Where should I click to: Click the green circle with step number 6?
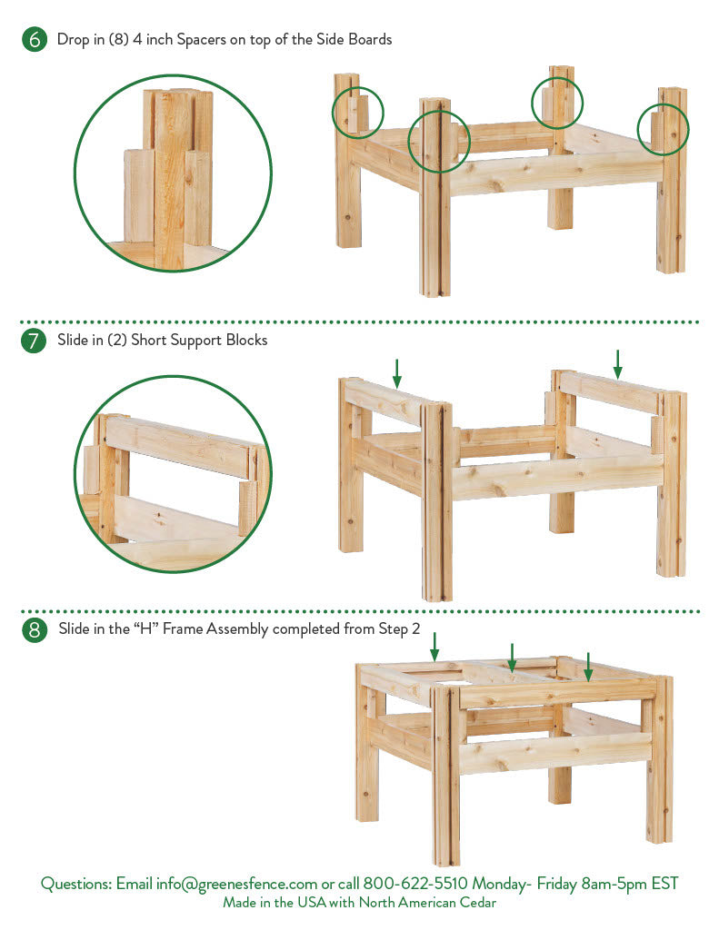click(35, 39)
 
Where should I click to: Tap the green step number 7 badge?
click(34, 341)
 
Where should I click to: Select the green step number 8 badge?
click(34, 629)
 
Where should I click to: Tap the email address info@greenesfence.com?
click(236, 884)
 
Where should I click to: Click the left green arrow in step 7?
click(397, 373)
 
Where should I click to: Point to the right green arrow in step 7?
click(617, 364)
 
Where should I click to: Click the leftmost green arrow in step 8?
click(434, 647)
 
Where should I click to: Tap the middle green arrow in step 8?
click(512, 658)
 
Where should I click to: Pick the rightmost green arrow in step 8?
click(588, 668)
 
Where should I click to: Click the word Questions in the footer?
click(76, 884)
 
